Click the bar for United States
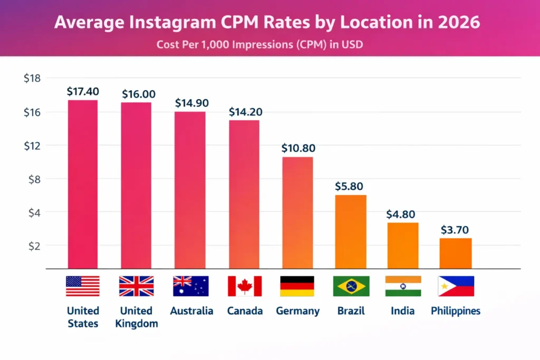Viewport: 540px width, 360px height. (83, 184)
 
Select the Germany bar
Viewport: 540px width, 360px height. (297, 213)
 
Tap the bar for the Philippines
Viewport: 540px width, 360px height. (456, 254)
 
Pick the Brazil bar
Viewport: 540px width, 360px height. (351, 232)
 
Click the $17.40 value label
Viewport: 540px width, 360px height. (83, 91)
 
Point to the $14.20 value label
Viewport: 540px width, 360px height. (245, 112)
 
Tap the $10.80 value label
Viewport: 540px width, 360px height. (297, 148)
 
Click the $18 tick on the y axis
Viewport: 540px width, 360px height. (32, 79)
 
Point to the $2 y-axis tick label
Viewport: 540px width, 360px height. (32, 246)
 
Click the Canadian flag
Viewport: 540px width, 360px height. (245, 286)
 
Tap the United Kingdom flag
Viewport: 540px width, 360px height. (136, 286)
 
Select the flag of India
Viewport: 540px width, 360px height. (403, 286)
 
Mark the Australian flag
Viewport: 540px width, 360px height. (191, 286)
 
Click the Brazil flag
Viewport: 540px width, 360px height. (351, 286)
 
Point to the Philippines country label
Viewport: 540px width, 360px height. (456, 311)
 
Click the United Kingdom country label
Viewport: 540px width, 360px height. (136, 317)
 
